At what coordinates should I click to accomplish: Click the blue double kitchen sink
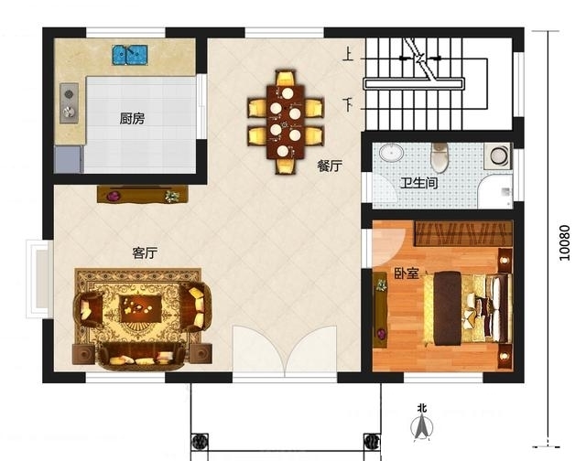(130, 55)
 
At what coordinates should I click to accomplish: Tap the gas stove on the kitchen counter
(70, 103)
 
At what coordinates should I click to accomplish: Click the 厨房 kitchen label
(132, 119)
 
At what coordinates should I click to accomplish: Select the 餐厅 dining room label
(330, 166)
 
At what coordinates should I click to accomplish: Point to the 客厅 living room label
(145, 253)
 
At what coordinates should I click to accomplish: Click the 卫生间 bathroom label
(418, 183)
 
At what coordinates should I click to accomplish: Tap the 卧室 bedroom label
(407, 273)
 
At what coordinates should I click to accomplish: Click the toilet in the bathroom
(439, 157)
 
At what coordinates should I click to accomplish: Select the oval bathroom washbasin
(391, 153)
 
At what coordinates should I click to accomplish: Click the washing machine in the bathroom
(498, 155)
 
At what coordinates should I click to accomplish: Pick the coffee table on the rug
(140, 308)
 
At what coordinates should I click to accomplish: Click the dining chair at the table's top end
(286, 79)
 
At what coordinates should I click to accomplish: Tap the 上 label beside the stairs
(348, 55)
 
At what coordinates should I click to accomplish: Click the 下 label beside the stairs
(348, 105)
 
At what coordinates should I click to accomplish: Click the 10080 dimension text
(565, 242)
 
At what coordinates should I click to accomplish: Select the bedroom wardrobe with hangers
(463, 233)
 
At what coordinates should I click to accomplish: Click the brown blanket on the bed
(447, 308)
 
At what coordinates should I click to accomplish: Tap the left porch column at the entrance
(200, 443)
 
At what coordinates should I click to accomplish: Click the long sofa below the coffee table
(142, 357)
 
